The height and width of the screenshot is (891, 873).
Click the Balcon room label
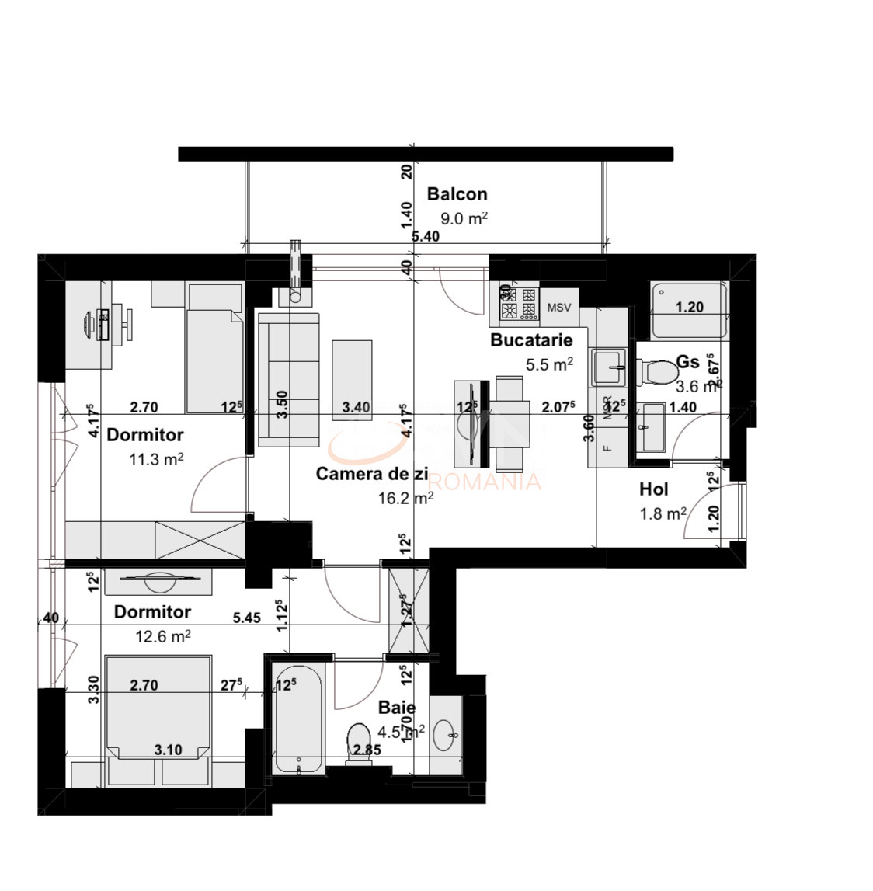(x=457, y=194)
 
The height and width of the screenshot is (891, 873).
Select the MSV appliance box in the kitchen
(x=559, y=308)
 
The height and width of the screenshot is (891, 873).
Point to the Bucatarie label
(x=531, y=339)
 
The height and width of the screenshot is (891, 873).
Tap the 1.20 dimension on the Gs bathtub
(x=689, y=307)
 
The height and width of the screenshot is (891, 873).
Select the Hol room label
(x=653, y=489)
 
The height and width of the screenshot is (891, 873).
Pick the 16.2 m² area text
(x=405, y=499)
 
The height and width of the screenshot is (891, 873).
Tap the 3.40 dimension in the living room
(x=356, y=406)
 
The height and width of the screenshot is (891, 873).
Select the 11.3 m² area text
(x=155, y=459)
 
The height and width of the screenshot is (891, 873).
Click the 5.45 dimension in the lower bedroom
(x=247, y=619)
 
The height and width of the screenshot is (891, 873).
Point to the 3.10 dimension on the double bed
(x=168, y=750)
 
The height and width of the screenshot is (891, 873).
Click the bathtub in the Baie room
(x=298, y=719)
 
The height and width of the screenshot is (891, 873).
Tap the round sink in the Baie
(x=446, y=734)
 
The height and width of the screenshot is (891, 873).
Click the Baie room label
(x=396, y=708)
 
